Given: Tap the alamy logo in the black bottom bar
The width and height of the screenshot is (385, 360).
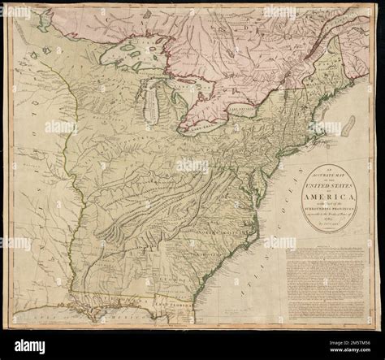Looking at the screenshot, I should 32,345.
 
